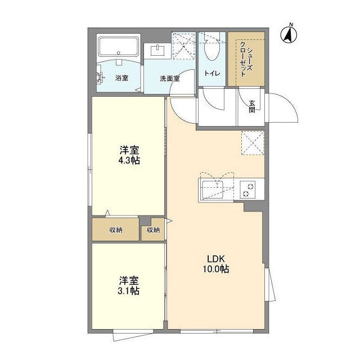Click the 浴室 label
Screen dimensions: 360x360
pyautogui.click(x=121, y=78)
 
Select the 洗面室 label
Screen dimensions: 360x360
pyautogui.click(x=169, y=79)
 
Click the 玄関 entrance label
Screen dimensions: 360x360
pyautogui.click(x=251, y=106)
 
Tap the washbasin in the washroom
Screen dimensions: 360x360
pyautogui.click(x=158, y=51)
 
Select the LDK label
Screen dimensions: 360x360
pyautogui.click(x=216, y=259)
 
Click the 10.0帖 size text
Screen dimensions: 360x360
pyautogui.click(x=217, y=269)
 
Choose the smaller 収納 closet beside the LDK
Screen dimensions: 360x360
pyautogui.click(x=153, y=229)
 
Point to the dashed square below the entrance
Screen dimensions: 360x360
pyautogui.click(x=252, y=142)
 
